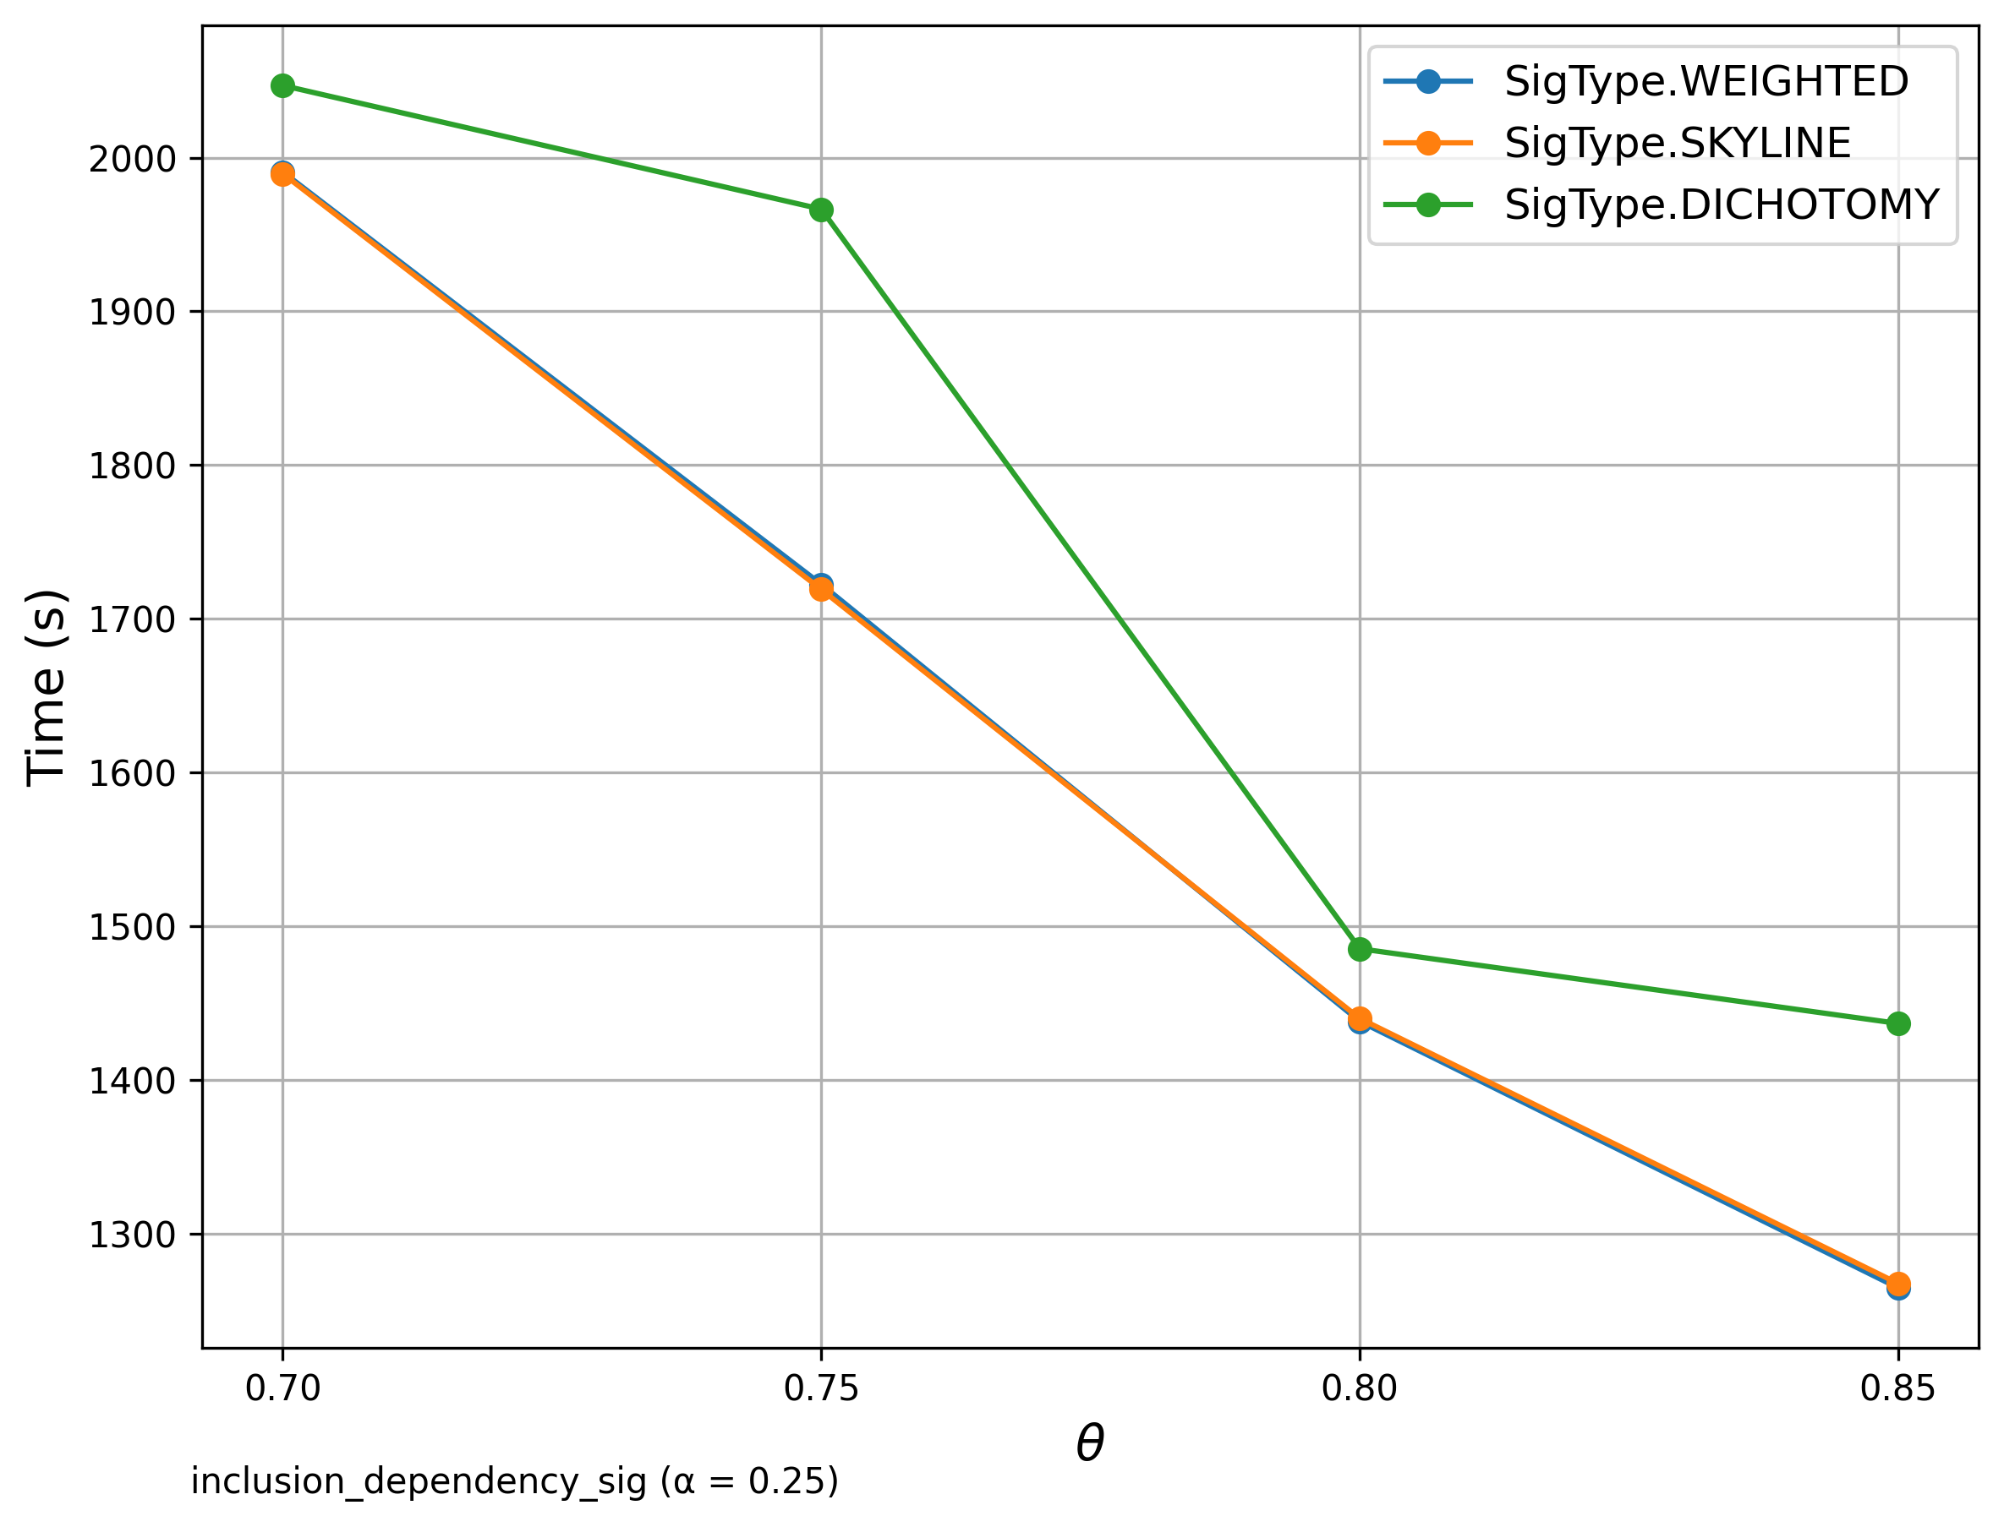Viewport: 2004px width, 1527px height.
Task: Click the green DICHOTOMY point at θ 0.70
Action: tap(282, 85)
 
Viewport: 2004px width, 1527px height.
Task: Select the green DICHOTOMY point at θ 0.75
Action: tap(821, 210)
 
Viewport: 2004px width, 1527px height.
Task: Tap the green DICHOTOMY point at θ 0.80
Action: tap(1360, 949)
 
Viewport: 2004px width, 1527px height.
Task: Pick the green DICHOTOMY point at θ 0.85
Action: tap(1897, 1023)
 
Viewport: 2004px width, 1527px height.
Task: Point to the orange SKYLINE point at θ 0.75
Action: tap(821, 589)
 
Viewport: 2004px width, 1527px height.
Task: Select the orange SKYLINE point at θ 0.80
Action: tap(1360, 1018)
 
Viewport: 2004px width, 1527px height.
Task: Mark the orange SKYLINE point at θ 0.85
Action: tap(1897, 1284)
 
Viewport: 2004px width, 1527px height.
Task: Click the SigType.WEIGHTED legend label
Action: tap(1706, 82)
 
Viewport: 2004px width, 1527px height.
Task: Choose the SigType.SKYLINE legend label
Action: tap(1678, 144)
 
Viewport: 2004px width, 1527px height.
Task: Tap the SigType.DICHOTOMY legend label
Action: tap(1722, 205)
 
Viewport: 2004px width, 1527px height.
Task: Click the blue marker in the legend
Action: tap(1427, 82)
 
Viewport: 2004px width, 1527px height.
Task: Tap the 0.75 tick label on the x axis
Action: tap(821, 1389)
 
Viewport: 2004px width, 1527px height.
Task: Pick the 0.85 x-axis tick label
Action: tap(1897, 1389)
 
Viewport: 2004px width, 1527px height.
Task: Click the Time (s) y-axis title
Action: tap(46, 687)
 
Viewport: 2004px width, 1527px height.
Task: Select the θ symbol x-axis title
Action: tap(1089, 1443)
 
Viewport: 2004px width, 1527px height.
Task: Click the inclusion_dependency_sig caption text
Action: tap(515, 1482)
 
